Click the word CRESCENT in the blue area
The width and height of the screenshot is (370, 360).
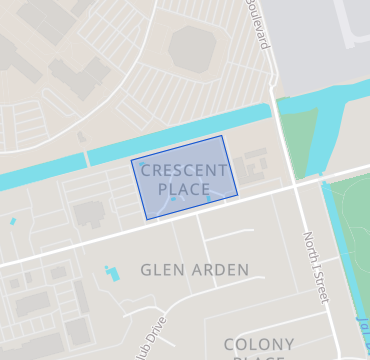coord(184,171)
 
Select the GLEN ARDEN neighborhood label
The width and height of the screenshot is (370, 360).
coord(194,270)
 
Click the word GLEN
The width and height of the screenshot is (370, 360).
coord(161,270)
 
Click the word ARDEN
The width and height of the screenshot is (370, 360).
coord(217,270)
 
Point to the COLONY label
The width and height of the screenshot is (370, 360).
coord(259,344)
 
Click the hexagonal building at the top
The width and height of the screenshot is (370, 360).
coord(193,47)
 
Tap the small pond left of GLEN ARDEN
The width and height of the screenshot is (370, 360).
coord(109,272)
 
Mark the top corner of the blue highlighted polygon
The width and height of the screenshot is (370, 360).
coord(222,136)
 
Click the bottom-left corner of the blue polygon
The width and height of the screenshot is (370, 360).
coord(146,219)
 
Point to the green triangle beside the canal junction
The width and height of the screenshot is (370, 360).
coord(298,140)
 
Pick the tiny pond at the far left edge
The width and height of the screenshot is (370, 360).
coord(12,221)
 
